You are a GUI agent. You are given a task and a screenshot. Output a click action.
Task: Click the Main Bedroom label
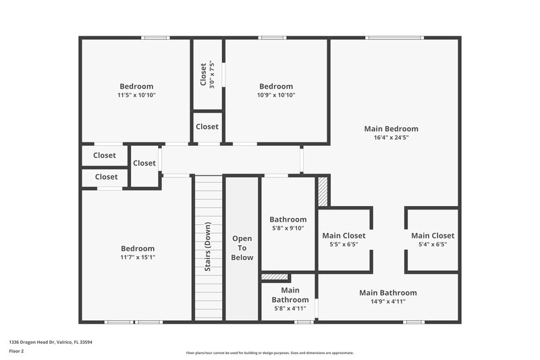coord(391,128)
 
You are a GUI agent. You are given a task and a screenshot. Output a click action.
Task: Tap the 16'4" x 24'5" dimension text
coord(391,137)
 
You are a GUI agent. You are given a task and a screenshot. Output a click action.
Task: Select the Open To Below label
coord(242,248)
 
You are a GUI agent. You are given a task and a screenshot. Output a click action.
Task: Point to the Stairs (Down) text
coord(208,247)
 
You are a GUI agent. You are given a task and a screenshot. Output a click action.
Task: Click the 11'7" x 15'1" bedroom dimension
coord(137,257)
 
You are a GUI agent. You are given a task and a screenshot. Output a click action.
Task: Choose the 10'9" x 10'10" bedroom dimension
coord(276,95)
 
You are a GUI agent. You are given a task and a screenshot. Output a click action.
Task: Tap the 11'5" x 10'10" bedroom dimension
coord(136,95)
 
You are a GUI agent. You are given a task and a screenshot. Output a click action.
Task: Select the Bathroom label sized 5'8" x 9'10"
coord(288,220)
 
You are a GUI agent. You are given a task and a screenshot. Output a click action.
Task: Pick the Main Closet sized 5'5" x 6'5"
coord(344,236)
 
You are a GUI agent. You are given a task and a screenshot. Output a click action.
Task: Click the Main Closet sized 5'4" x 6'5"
coord(433,236)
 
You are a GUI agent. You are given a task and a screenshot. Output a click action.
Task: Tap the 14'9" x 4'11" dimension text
coord(387,301)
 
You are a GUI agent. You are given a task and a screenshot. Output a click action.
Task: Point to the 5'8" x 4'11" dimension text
coord(290,308)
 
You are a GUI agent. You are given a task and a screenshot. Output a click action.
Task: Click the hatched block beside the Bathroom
coord(323,191)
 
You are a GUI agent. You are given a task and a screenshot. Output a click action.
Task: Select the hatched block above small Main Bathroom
coord(275,276)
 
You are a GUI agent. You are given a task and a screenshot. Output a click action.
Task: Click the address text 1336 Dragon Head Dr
coord(51,342)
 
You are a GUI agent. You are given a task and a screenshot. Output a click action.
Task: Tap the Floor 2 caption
coord(16,351)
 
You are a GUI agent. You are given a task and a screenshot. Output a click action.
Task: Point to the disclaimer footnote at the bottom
coord(269,353)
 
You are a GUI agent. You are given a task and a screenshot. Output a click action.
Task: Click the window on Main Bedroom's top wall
coord(395,37)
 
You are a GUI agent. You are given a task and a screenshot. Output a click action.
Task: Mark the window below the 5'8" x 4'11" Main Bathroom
coord(304,322)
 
